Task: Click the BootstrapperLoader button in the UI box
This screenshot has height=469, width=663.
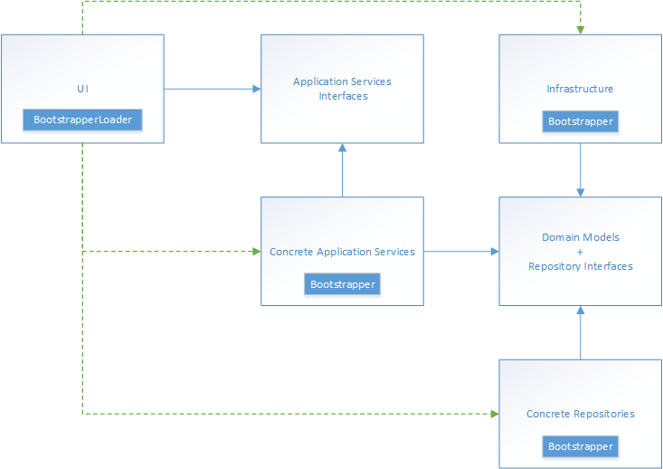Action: click(82, 120)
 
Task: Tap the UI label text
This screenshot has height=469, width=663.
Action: click(83, 89)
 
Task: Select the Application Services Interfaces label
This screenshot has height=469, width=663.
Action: click(343, 89)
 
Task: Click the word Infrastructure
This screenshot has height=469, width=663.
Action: click(580, 89)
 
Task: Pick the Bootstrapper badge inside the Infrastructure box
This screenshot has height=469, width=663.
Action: click(581, 121)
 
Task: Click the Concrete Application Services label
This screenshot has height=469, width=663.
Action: click(342, 252)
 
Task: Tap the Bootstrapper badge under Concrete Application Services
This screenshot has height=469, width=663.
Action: click(343, 284)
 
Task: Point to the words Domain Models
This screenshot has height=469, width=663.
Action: click(581, 237)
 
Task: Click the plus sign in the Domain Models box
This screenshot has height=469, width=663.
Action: click(580, 252)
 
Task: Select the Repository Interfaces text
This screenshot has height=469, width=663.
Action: click(581, 266)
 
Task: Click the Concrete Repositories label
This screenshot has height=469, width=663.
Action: click(581, 414)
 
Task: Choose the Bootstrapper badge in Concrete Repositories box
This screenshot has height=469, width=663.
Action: click(581, 446)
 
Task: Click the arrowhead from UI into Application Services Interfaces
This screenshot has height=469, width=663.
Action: click(257, 89)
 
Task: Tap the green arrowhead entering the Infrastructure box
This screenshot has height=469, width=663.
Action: click(581, 30)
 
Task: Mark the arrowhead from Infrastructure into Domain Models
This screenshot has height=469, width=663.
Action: click(581, 193)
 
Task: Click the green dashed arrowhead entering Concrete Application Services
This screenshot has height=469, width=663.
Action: click(257, 252)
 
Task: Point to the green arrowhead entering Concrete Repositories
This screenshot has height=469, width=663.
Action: click(495, 414)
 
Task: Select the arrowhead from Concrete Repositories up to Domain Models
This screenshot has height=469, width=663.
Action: click(581, 311)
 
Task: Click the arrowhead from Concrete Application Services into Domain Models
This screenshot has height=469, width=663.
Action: click(495, 252)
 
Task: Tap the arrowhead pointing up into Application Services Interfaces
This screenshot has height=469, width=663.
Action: click(343, 148)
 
